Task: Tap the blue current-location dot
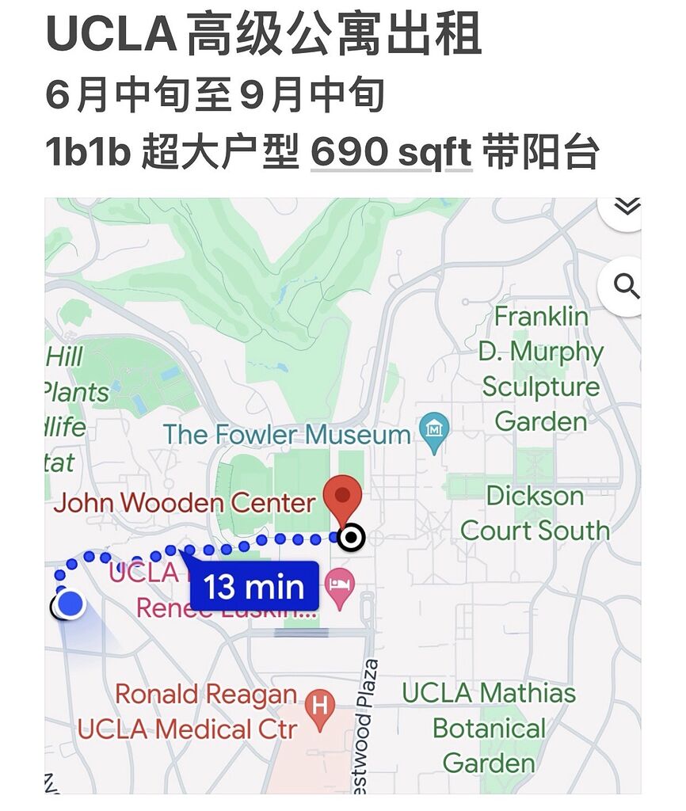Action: click(x=71, y=603)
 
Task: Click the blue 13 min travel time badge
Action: click(x=253, y=587)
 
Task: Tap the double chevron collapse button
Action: click(x=627, y=208)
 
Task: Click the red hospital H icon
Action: click(x=320, y=702)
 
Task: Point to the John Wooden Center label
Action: click(x=185, y=502)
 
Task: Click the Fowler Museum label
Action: click(x=287, y=434)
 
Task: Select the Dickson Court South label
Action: click(x=535, y=513)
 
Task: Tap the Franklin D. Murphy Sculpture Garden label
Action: click(x=541, y=368)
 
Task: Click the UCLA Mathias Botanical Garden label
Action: click(x=489, y=728)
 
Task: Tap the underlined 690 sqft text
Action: click(x=391, y=152)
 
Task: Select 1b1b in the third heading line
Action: click(x=88, y=152)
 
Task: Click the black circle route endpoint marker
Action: click(x=351, y=539)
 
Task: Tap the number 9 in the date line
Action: click(x=250, y=95)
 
